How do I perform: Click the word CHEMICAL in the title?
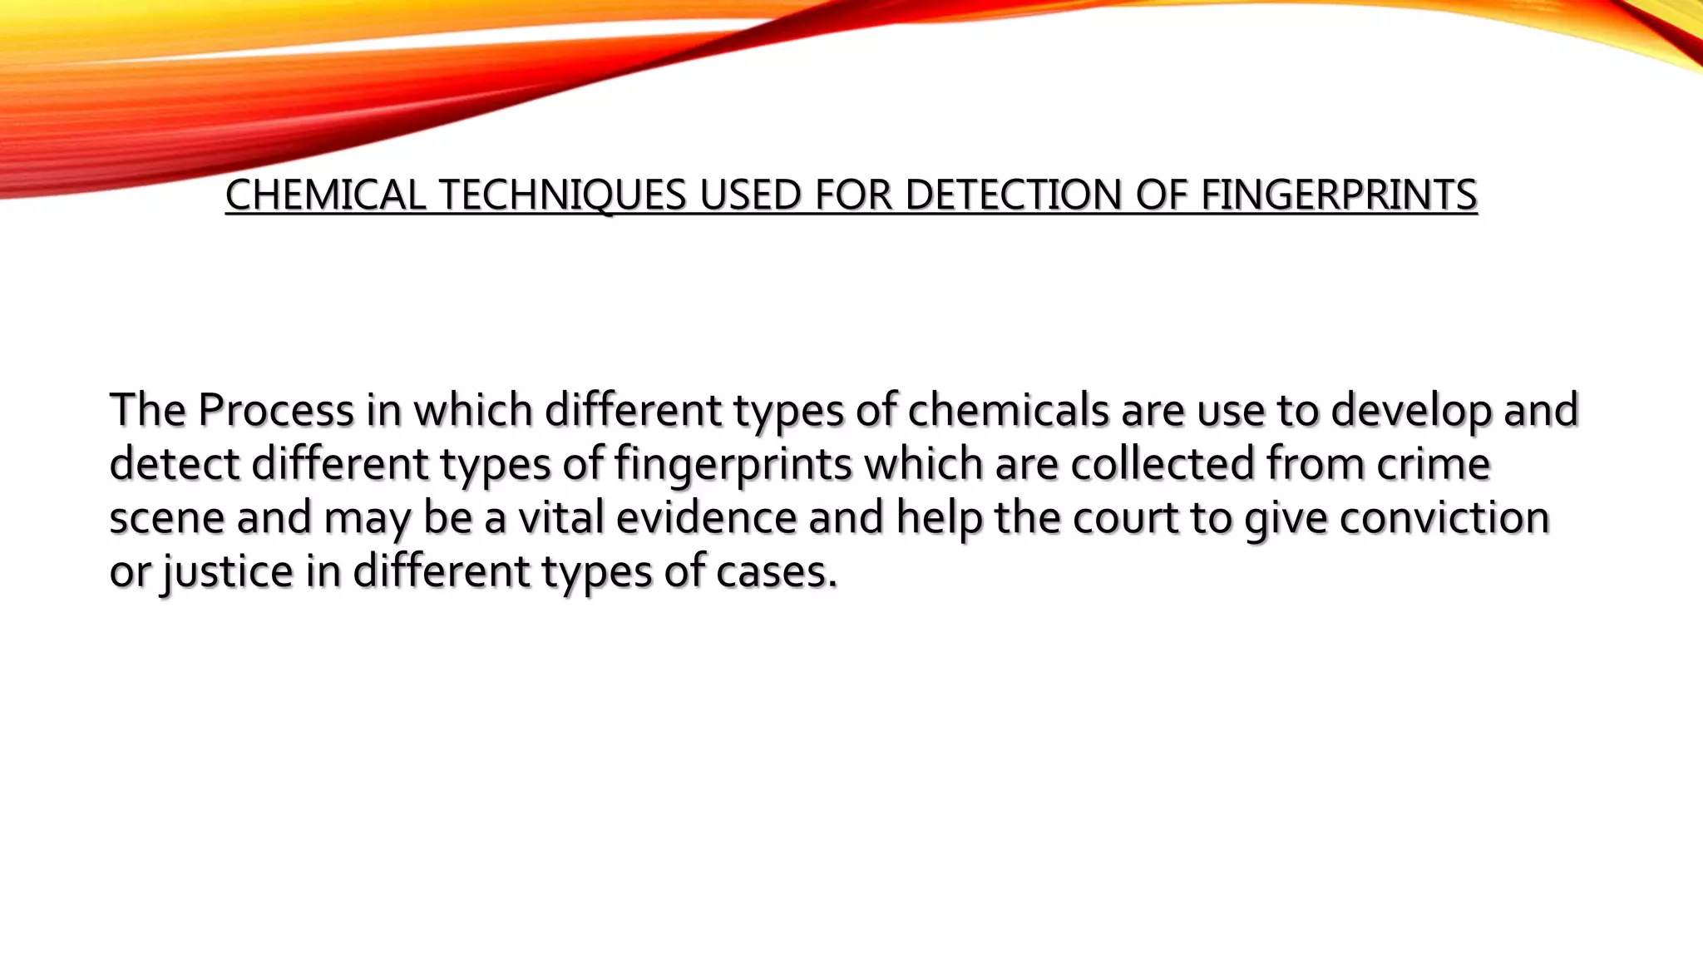(325, 195)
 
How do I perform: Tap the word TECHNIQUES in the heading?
(562, 195)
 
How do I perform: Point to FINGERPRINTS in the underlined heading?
(1339, 195)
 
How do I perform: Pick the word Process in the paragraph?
(276, 410)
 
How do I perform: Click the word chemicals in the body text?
(1009, 410)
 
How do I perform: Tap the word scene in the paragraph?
(167, 518)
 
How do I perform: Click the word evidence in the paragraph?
(707, 517)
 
